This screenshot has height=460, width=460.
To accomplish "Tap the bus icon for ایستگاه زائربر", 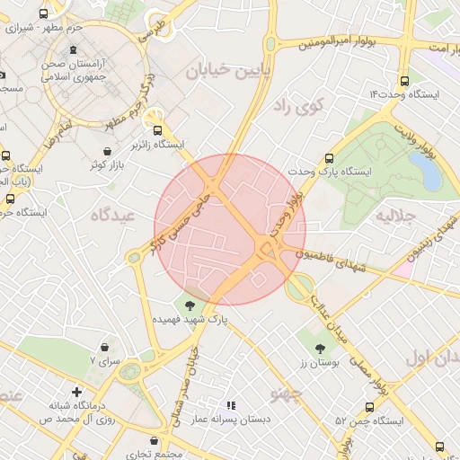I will click(157, 129).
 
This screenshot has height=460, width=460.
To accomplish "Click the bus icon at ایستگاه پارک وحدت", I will click(330, 158).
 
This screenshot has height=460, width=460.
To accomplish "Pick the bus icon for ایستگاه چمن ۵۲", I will click(369, 407).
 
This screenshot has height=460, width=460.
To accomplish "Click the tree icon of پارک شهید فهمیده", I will click(189, 305).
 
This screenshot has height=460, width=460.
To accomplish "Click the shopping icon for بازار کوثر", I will click(109, 150).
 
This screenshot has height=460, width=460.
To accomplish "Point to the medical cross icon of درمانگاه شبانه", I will click(78, 392).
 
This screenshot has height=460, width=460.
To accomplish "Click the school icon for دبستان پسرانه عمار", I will click(231, 406).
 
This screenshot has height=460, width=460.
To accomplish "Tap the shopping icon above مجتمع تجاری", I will click(156, 441).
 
